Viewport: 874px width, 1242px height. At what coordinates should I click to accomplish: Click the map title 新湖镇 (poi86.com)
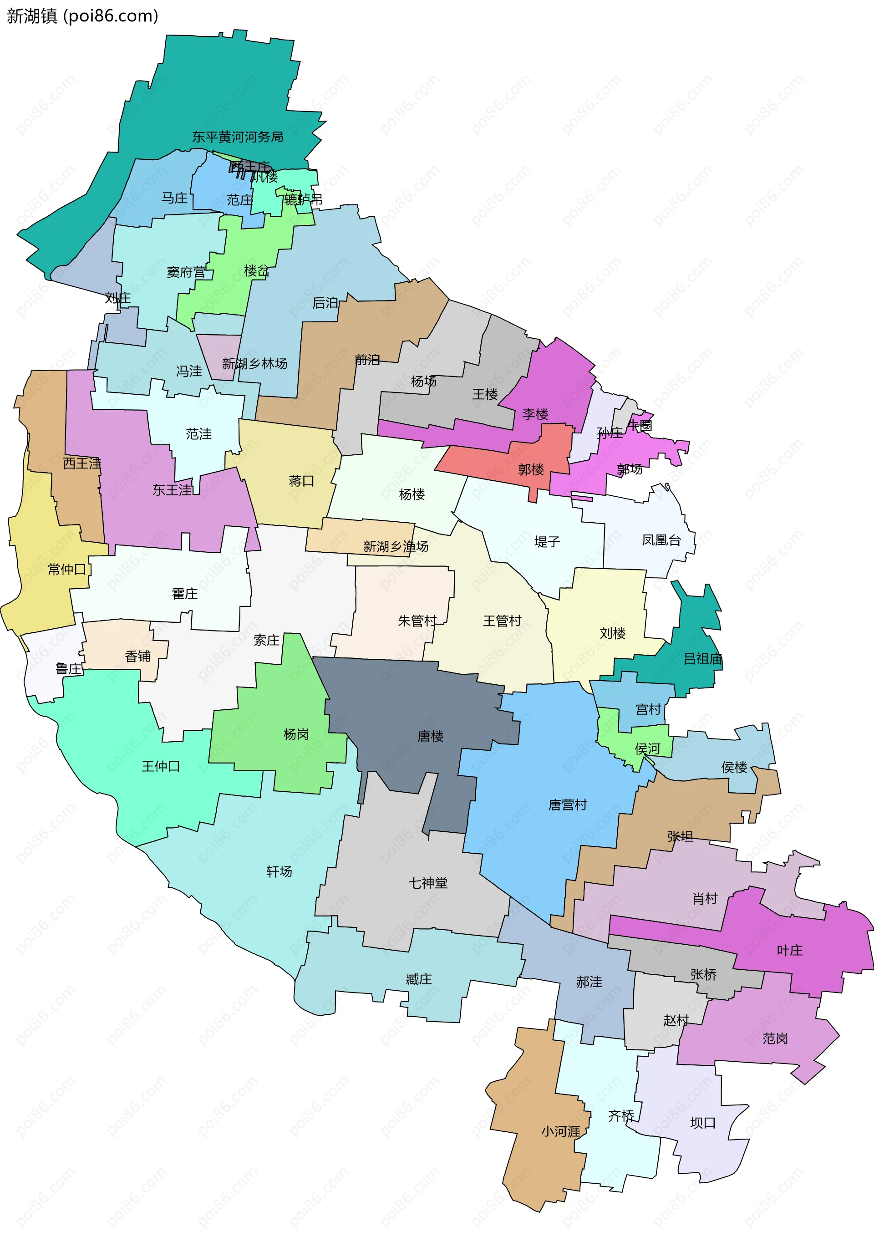coord(82,16)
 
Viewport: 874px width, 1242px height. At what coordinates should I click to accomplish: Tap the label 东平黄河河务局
coord(238,137)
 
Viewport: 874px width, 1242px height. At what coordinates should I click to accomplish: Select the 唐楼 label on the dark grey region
coord(431,736)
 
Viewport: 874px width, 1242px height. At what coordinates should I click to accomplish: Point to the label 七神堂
coord(428,883)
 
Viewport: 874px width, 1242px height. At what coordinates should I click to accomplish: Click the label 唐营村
coord(567,804)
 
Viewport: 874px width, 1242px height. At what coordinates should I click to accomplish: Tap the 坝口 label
coord(702,1123)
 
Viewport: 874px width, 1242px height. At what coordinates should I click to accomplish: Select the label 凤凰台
coord(661,540)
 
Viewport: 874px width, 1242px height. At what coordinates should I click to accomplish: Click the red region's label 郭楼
coord(531,469)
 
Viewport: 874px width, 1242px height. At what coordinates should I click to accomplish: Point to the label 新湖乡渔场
coord(396,546)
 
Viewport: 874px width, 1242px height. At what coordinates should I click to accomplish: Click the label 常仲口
coord(67,569)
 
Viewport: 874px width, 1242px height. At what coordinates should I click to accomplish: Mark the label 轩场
coord(279,871)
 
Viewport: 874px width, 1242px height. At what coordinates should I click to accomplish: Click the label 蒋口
coord(301,480)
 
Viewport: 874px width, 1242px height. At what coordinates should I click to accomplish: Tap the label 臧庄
coord(419,979)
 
